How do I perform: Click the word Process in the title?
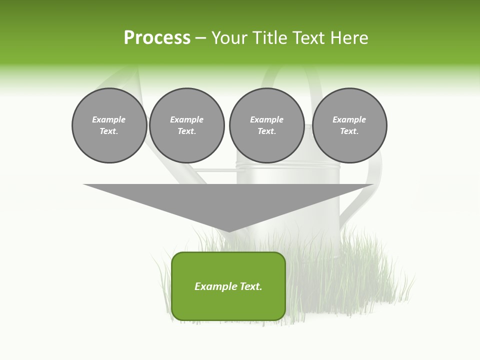(157, 37)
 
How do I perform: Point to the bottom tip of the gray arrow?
(228, 231)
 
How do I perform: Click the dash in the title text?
(200, 38)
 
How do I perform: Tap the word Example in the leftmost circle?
(109, 119)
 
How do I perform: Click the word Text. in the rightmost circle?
(349, 131)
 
